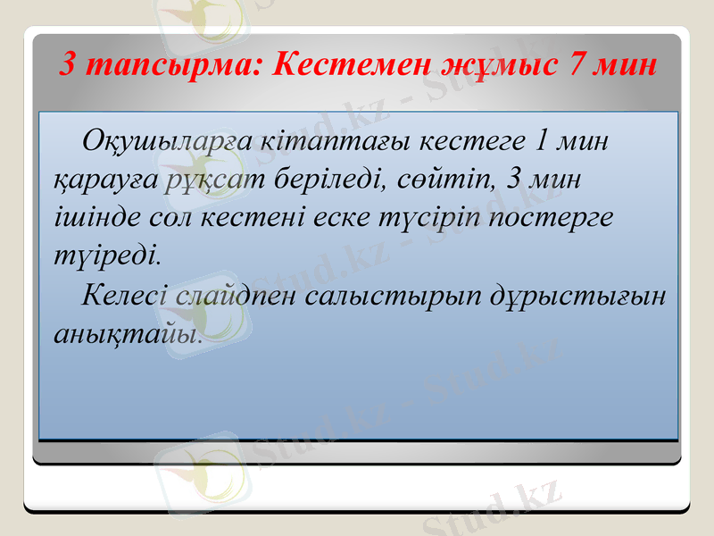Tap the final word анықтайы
(x=126, y=334)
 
